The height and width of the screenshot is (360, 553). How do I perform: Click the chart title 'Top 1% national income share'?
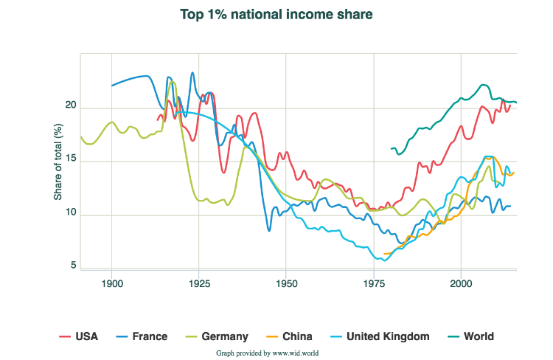276,13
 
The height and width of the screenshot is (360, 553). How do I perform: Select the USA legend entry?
78,336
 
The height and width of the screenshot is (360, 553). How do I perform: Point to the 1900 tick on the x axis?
112,283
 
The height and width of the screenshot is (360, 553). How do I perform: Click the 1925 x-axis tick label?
199,283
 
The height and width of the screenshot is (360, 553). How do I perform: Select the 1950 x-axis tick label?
286,283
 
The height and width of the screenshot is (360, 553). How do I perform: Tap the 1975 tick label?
374,283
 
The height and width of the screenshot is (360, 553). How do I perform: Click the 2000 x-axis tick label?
461,283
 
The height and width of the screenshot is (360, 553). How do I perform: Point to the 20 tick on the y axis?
71,105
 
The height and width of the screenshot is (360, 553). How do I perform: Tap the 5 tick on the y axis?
74,266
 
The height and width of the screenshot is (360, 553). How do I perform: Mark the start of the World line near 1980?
391,149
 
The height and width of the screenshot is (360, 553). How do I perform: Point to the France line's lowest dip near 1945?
269,230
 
